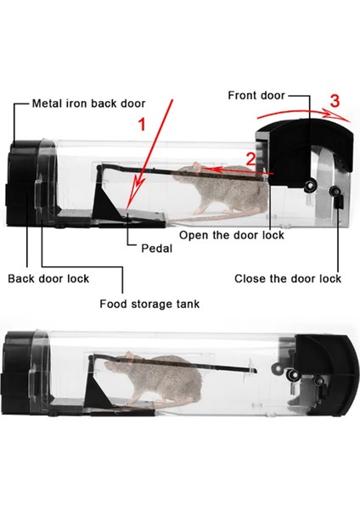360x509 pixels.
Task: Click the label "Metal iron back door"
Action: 88,103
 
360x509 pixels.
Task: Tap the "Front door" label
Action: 256,95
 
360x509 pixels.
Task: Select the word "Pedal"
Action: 156,249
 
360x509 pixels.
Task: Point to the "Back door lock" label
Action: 48,278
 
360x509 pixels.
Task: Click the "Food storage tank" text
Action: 149,305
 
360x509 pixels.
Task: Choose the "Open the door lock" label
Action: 232,235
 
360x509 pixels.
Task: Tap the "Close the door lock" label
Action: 288,278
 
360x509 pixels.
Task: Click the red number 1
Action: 142,125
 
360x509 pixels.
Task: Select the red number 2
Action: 250,159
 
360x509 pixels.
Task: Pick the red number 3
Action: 335,101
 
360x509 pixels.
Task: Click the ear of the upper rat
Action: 197,166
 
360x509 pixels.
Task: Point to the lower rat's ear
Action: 130,356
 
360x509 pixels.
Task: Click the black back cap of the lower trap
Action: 20,372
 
